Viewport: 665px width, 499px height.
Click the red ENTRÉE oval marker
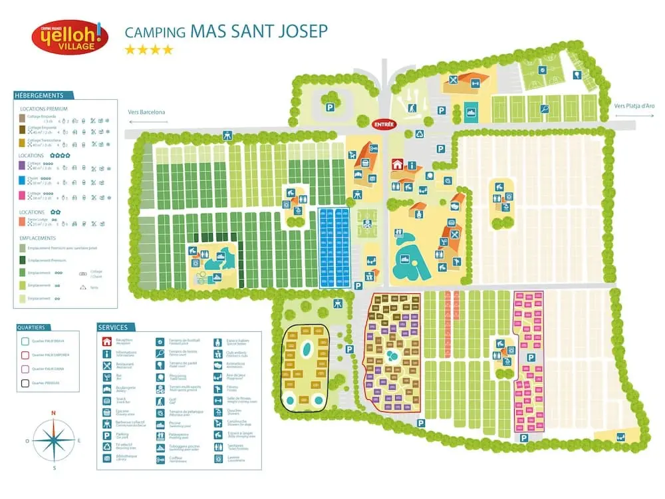384,124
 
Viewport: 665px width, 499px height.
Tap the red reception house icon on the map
398,165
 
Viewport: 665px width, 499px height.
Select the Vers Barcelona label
146,112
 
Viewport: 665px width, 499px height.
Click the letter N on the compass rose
53,413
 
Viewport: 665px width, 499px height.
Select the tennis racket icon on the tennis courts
545,108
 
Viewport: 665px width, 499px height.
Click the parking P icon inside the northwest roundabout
329,106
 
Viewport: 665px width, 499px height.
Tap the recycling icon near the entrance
420,134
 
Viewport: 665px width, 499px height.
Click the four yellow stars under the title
149,50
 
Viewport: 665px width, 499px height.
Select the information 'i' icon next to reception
412,165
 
